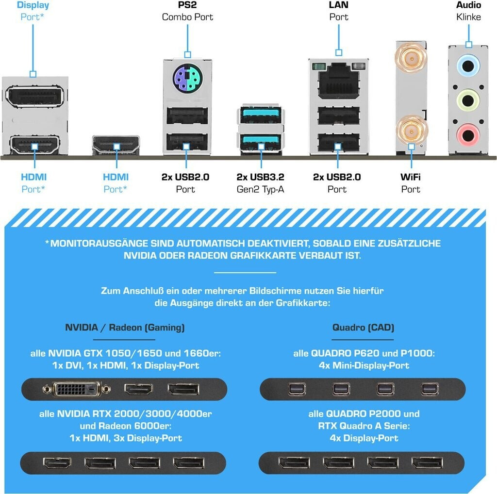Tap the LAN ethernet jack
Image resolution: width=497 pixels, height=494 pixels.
point(338,76)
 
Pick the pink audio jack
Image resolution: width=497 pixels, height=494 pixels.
point(468,133)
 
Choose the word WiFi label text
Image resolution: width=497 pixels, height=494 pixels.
point(411,177)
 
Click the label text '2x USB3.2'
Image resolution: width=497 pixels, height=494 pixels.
point(261,177)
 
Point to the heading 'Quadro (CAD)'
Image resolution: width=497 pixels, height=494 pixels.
point(363,328)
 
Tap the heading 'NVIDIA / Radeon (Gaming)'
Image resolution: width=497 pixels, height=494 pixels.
point(125,328)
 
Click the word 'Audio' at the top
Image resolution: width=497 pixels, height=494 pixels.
point(468,5)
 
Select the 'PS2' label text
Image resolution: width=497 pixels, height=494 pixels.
point(187,5)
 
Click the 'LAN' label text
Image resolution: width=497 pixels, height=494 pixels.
point(338,5)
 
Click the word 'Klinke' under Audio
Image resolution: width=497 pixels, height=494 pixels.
point(468,17)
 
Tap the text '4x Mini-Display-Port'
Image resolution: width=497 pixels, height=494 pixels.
point(364,365)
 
